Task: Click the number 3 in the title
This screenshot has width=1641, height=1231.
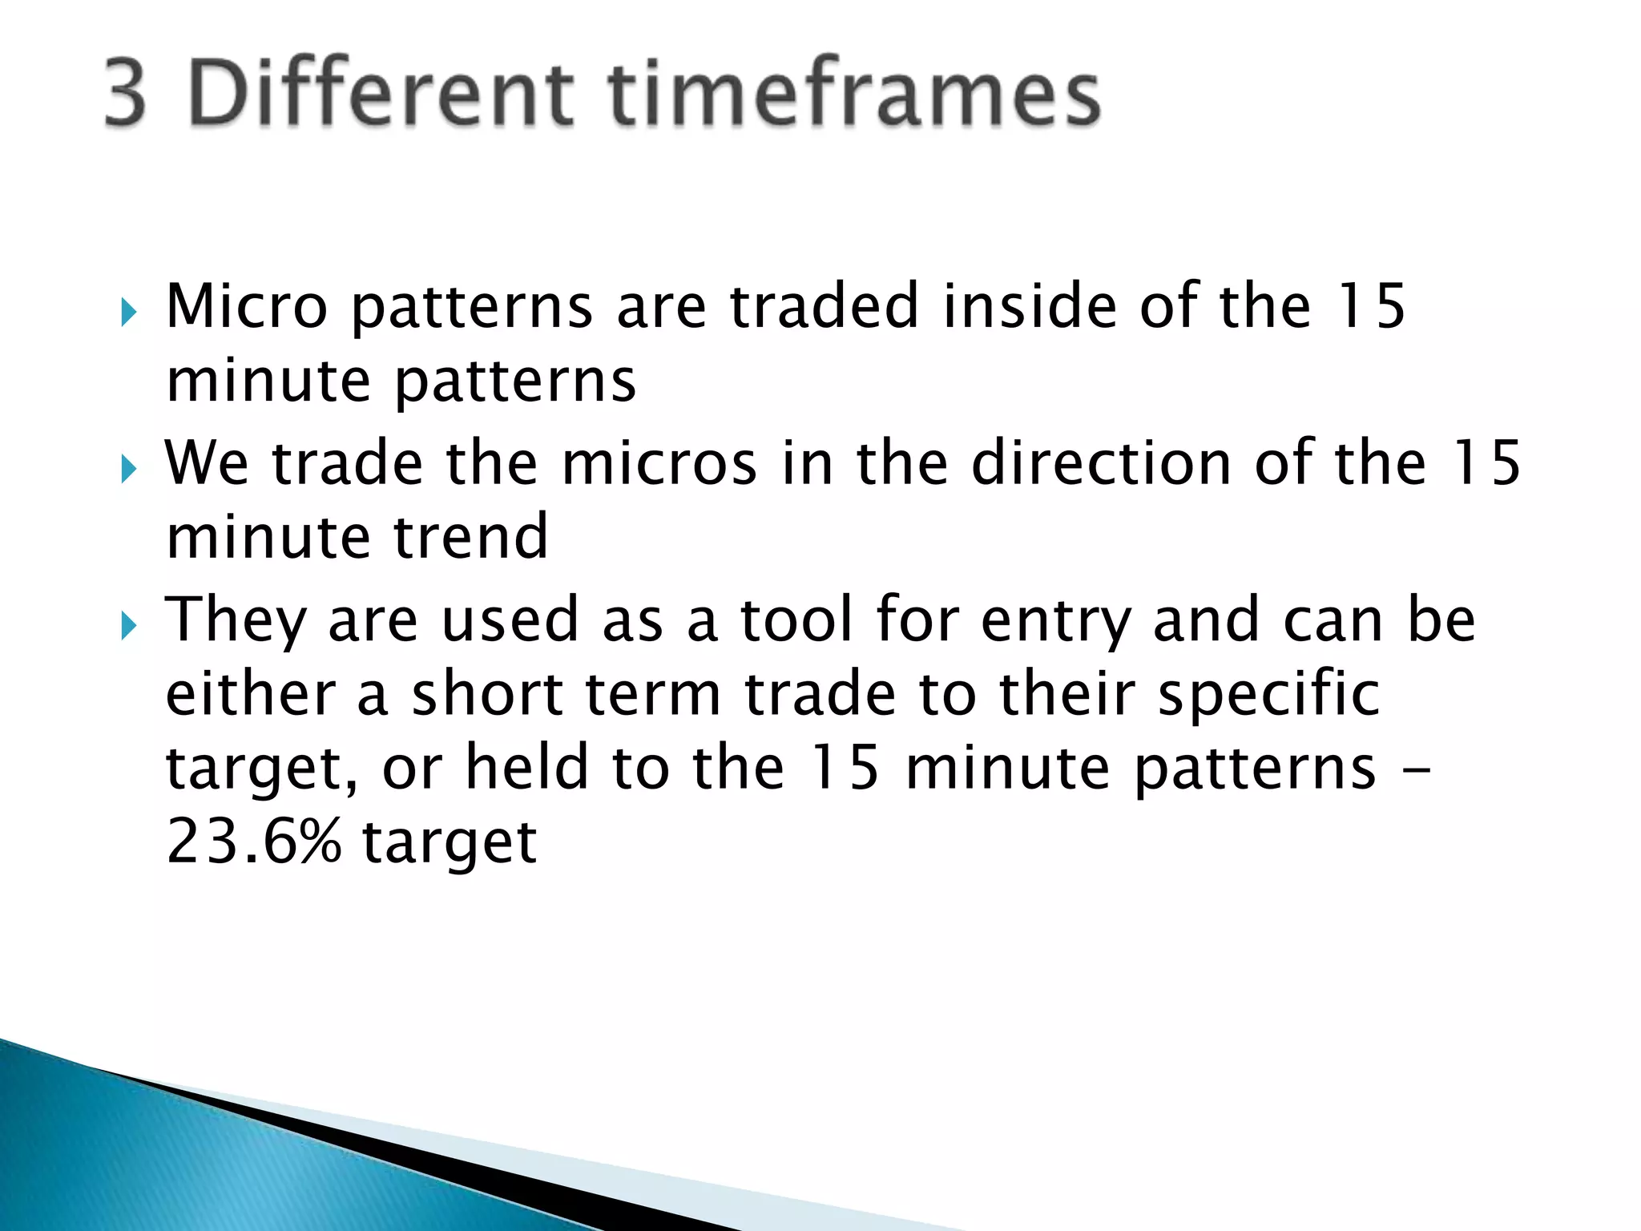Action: click(x=126, y=95)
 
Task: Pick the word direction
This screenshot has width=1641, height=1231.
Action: click(x=1101, y=464)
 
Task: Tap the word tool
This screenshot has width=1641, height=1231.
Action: click(x=796, y=620)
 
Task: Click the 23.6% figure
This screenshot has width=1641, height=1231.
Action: click(x=253, y=842)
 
